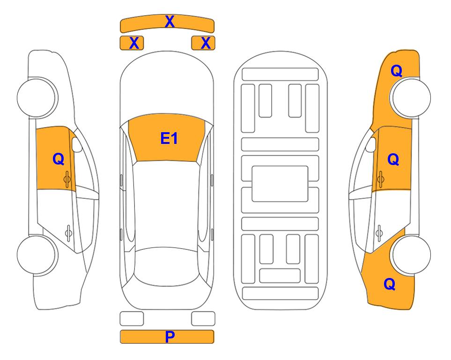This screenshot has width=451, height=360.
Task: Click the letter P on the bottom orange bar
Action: [x=170, y=337]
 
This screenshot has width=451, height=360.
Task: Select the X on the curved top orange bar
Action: [x=170, y=22]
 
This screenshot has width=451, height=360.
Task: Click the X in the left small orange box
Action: [x=134, y=43]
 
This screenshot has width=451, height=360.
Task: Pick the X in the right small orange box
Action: [x=206, y=43]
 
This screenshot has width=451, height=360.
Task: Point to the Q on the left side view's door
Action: [x=59, y=159]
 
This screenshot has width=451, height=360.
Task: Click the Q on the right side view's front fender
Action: [x=396, y=71]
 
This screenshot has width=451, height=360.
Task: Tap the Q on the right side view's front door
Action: [x=393, y=159]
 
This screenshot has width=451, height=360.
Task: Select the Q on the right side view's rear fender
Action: [x=390, y=284]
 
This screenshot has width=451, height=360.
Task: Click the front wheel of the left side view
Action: [x=37, y=97]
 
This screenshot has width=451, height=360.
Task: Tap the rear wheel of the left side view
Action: [x=37, y=255]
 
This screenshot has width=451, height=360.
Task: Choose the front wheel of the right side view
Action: [x=411, y=97]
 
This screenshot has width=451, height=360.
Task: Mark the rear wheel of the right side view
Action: [x=411, y=255]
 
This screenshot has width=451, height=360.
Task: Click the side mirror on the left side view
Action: [x=76, y=144]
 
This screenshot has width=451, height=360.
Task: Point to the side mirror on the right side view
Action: [x=371, y=144]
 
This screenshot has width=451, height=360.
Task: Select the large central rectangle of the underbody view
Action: [x=280, y=184]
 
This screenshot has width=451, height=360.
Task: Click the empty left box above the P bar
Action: [x=132, y=319]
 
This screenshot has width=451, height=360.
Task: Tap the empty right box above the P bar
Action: [x=203, y=319]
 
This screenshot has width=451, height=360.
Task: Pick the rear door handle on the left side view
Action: [x=68, y=233]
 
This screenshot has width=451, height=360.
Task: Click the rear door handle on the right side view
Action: [x=379, y=233]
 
